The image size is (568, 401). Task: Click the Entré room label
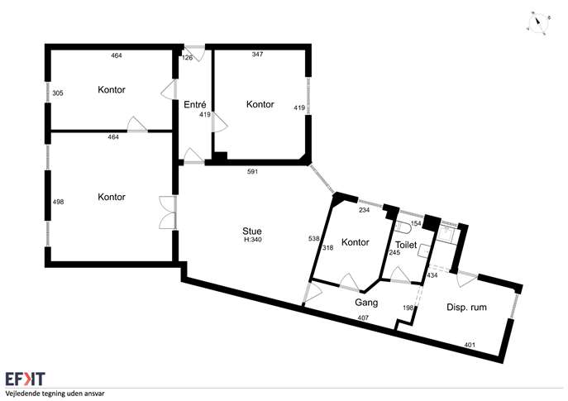coord(195,105)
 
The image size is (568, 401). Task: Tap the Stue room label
coord(252,232)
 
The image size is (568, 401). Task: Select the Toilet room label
coord(406,246)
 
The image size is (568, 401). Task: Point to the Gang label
coord(366,303)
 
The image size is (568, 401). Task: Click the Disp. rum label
coord(466,308)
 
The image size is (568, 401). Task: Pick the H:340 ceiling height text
coord(252,240)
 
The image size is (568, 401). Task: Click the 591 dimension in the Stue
coord(252,171)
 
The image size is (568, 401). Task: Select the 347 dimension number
coord(257,55)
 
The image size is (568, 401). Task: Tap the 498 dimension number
coord(58,202)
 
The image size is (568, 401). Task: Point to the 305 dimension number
coord(58,93)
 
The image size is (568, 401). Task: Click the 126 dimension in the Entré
coord(188,58)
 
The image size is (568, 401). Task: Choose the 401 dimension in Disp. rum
coord(470,345)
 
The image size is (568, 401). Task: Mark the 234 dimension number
coord(364,210)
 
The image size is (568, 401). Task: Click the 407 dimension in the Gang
coord(363,318)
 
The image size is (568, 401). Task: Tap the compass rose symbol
coord(538,23)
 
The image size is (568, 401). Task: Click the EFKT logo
coord(25,379)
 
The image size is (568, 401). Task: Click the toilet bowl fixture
coord(403,227)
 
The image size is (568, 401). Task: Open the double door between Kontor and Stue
coord(168,212)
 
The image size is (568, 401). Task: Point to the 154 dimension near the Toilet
coord(416,223)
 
